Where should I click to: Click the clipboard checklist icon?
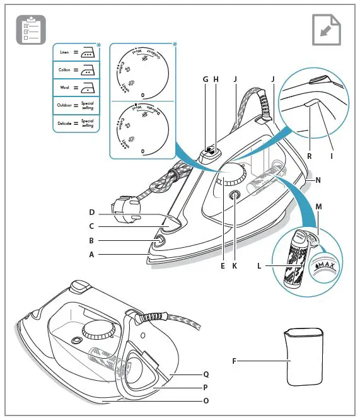[28, 29]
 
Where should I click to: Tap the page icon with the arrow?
[327, 29]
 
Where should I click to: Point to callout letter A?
[91, 255]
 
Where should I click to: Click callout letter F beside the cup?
[234, 361]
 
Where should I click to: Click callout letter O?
[206, 400]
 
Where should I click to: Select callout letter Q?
[206, 373]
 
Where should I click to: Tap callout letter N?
[318, 180]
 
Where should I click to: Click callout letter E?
[222, 267]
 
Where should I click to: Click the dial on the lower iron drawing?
[95, 328]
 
